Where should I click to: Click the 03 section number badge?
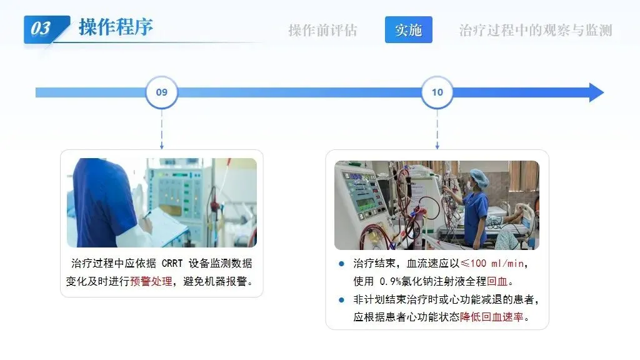pyautogui.click(x=41, y=28)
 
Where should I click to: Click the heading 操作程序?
pyautogui.click(x=116, y=27)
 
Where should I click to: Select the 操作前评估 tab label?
pyautogui.click(x=322, y=30)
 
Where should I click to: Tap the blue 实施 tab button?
pyautogui.click(x=408, y=30)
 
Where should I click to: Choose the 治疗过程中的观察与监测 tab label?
pyautogui.click(x=535, y=30)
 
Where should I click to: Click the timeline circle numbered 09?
pyautogui.click(x=162, y=92)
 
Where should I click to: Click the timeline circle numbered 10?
pyautogui.click(x=437, y=92)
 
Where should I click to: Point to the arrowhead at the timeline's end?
pyautogui.click(x=596, y=92)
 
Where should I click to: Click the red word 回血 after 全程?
pyautogui.click(x=497, y=282)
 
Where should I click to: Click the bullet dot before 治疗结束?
pyautogui.click(x=341, y=263)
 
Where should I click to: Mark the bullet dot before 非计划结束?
pyautogui.click(x=341, y=299)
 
